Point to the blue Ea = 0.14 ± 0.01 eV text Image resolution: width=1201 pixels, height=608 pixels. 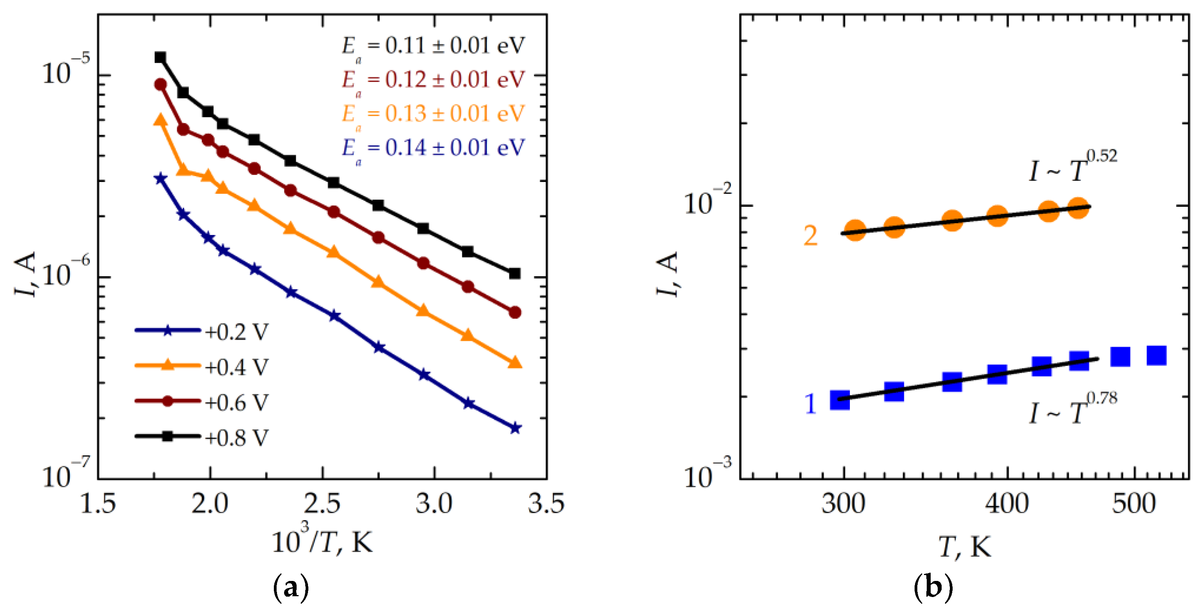click(x=433, y=148)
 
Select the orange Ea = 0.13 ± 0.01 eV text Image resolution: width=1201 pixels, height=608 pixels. click(x=433, y=114)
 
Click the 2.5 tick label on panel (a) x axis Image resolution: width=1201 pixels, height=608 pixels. click(x=322, y=504)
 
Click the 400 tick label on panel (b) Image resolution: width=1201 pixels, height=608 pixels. click(x=1007, y=504)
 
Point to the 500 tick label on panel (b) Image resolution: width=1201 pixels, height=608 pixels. click(x=1134, y=504)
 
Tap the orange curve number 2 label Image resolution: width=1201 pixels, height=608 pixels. click(x=810, y=236)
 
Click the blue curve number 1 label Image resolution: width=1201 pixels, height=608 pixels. click(x=810, y=404)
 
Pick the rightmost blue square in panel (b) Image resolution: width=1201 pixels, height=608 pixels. click(x=1156, y=355)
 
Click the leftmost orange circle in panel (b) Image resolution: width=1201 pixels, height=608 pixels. click(x=855, y=230)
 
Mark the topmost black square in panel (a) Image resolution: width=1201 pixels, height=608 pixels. click(x=160, y=57)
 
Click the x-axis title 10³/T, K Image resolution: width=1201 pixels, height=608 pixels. click(x=322, y=541)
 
